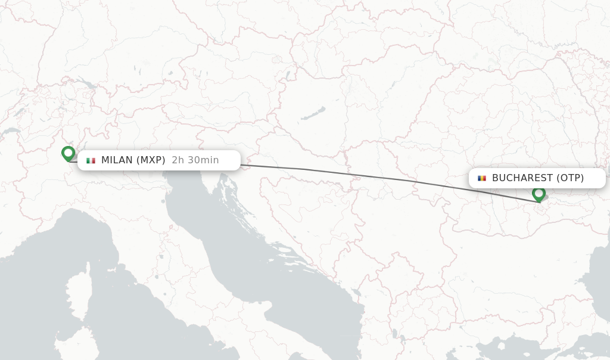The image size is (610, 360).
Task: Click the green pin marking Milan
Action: [x=68, y=153]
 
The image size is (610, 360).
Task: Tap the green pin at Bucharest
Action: [x=539, y=194]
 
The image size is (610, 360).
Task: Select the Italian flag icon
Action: [x=91, y=160]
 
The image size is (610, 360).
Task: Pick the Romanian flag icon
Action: [x=481, y=178]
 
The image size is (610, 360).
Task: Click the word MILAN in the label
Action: [x=117, y=160]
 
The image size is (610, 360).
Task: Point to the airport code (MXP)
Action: [x=151, y=160]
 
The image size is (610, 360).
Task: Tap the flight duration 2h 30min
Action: [x=195, y=160]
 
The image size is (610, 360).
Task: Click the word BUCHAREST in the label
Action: [x=522, y=178]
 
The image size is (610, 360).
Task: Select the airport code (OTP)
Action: [x=570, y=178]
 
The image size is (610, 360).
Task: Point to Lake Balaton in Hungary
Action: [x=313, y=113]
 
